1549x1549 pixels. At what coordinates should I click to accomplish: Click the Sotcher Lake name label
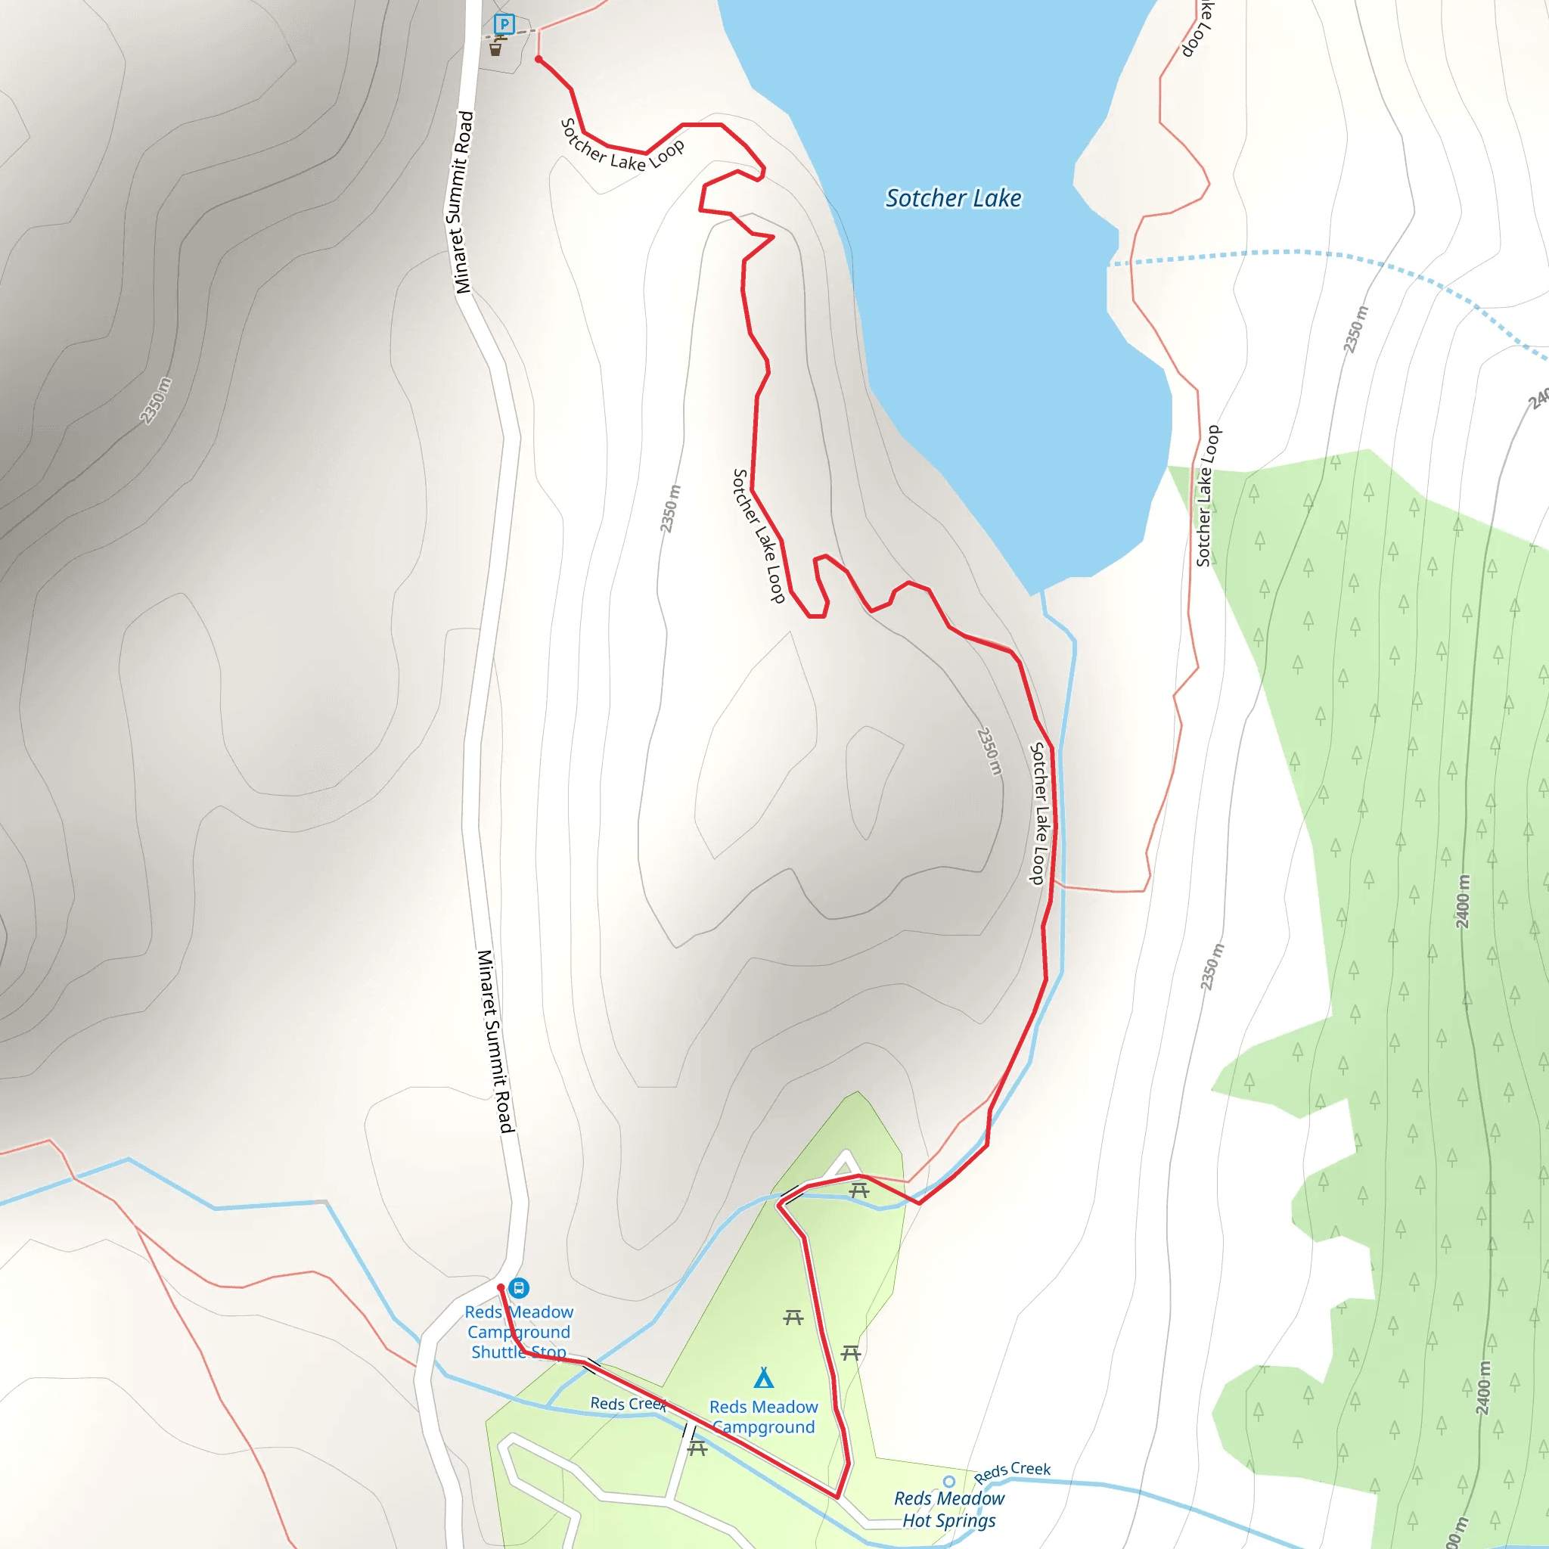pyautogui.click(x=952, y=198)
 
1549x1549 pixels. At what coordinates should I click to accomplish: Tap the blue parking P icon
pyautogui.click(x=504, y=24)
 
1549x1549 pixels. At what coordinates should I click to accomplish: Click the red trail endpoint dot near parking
pyautogui.click(x=538, y=59)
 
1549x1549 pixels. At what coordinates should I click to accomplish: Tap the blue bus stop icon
pyautogui.click(x=520, y=1288)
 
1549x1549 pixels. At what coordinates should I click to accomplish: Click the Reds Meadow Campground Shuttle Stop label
pyautogui.click(x=519, y=1332)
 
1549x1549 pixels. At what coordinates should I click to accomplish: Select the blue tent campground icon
pyautogui.click(x=764, y=1378)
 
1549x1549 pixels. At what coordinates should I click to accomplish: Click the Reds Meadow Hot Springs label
pyautogui.click(x=948, y=1509)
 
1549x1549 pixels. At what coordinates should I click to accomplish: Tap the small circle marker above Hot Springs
pyautogui.click(x=949, y=1482)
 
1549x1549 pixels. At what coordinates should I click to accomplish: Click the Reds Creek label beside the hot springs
pyautogui.click(x=1012, y=1471)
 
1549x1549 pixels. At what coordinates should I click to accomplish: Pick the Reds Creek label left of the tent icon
pyautogui.click(x=628, y=1404)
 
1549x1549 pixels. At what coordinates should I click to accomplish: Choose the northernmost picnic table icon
pyautogui.click(x=858, y=1191)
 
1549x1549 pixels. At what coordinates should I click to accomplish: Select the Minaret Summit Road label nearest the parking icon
pyautogui.click(x=463, y=202)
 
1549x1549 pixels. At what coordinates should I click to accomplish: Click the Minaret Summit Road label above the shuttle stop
pyautogui.click(x=495, y=1041)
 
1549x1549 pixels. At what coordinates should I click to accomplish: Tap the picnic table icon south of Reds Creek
pyautogui.click(x=697, y=1448)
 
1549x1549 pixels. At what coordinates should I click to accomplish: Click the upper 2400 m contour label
pyautogui.click(x=1464, y=901)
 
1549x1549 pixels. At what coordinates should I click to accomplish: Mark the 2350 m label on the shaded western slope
pyautogui.click(x=156, y=400)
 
